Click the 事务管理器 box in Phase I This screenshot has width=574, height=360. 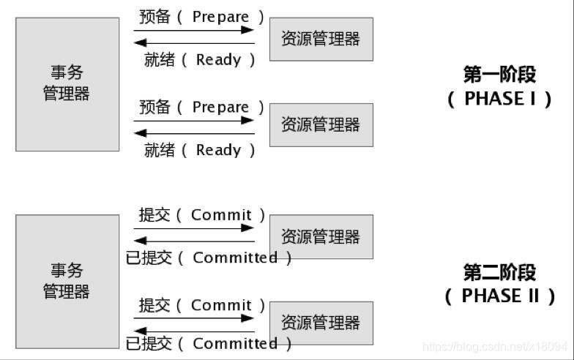click(x=67, y=84)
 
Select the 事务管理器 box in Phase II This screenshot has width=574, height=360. click(x=67, y=281)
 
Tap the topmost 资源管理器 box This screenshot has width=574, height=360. click(x=321, y=39)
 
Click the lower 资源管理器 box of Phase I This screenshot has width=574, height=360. click(x=321, y=124)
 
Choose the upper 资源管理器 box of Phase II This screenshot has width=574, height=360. click(x=321, y=236)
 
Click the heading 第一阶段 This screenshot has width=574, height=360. click(x=499, y=75)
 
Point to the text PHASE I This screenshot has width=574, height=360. click(x=499, y=99)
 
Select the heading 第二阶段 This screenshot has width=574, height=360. click(x=499, y=273)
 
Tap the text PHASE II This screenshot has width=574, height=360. click(x=499, y=296)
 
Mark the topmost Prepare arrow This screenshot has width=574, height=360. click(x=194, y=30)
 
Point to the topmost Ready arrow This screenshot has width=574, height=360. click(x=194, y=43)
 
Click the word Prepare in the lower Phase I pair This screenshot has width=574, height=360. click(x=220, y=107)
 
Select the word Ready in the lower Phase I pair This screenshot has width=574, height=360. click(x=218, y=150)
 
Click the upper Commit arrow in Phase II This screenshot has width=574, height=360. click(x=194, y=228)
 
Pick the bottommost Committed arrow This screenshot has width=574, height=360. click(x=194, y=331)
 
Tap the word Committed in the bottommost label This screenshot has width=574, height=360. click(x=235, y=343)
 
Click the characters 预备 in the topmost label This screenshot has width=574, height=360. click(x=154, y=17)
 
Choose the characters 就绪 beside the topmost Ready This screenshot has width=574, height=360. click(x=160, y=60)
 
